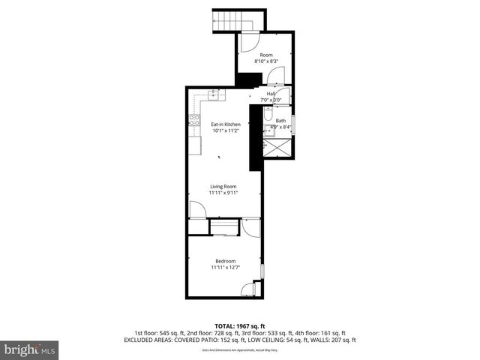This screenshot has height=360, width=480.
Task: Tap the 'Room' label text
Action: click(x=266, y=55)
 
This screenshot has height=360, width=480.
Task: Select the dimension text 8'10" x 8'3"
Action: click(x=266, y=61)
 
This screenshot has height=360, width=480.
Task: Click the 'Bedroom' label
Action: click(x=226, y=261)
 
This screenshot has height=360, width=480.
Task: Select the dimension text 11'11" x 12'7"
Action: click(x=226, y=268)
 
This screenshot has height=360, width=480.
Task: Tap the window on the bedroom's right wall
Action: click(x=262, y=269)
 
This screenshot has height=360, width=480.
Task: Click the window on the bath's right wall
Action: click(x=294, y=124)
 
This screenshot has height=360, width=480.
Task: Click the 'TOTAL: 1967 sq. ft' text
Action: click(x=239, y=325)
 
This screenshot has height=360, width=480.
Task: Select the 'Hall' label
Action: click(x=271, y=94)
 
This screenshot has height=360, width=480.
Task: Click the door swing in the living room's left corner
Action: click(x=196, y=210)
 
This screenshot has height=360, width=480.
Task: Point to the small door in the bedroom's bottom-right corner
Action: click(x=256, y=287)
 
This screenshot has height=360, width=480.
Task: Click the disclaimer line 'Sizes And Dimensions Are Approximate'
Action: click(x=239, y=350)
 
